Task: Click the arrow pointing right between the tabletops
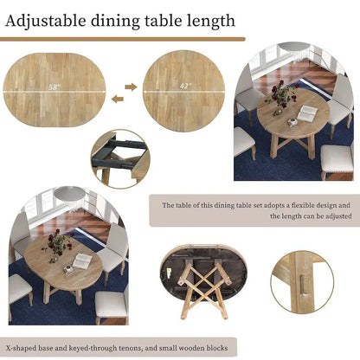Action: point(131,86)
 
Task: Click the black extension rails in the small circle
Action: point(113,152)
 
